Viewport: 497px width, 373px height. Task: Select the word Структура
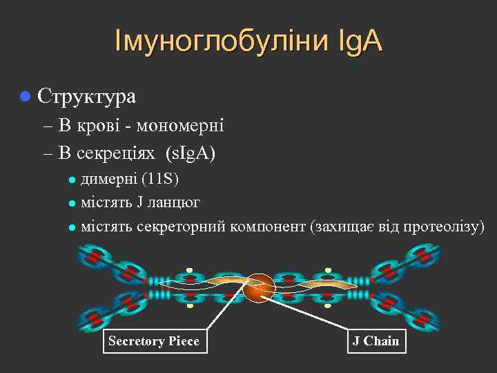86,96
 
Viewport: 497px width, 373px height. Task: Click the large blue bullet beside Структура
26,96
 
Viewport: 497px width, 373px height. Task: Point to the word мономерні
180,125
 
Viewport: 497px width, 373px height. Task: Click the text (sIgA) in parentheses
191,153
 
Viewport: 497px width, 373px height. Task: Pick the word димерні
109,180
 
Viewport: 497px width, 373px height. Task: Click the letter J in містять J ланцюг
140,203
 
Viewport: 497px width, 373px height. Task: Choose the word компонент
269,226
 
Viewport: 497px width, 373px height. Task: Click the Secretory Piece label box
154,341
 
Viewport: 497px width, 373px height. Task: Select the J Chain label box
376,341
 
